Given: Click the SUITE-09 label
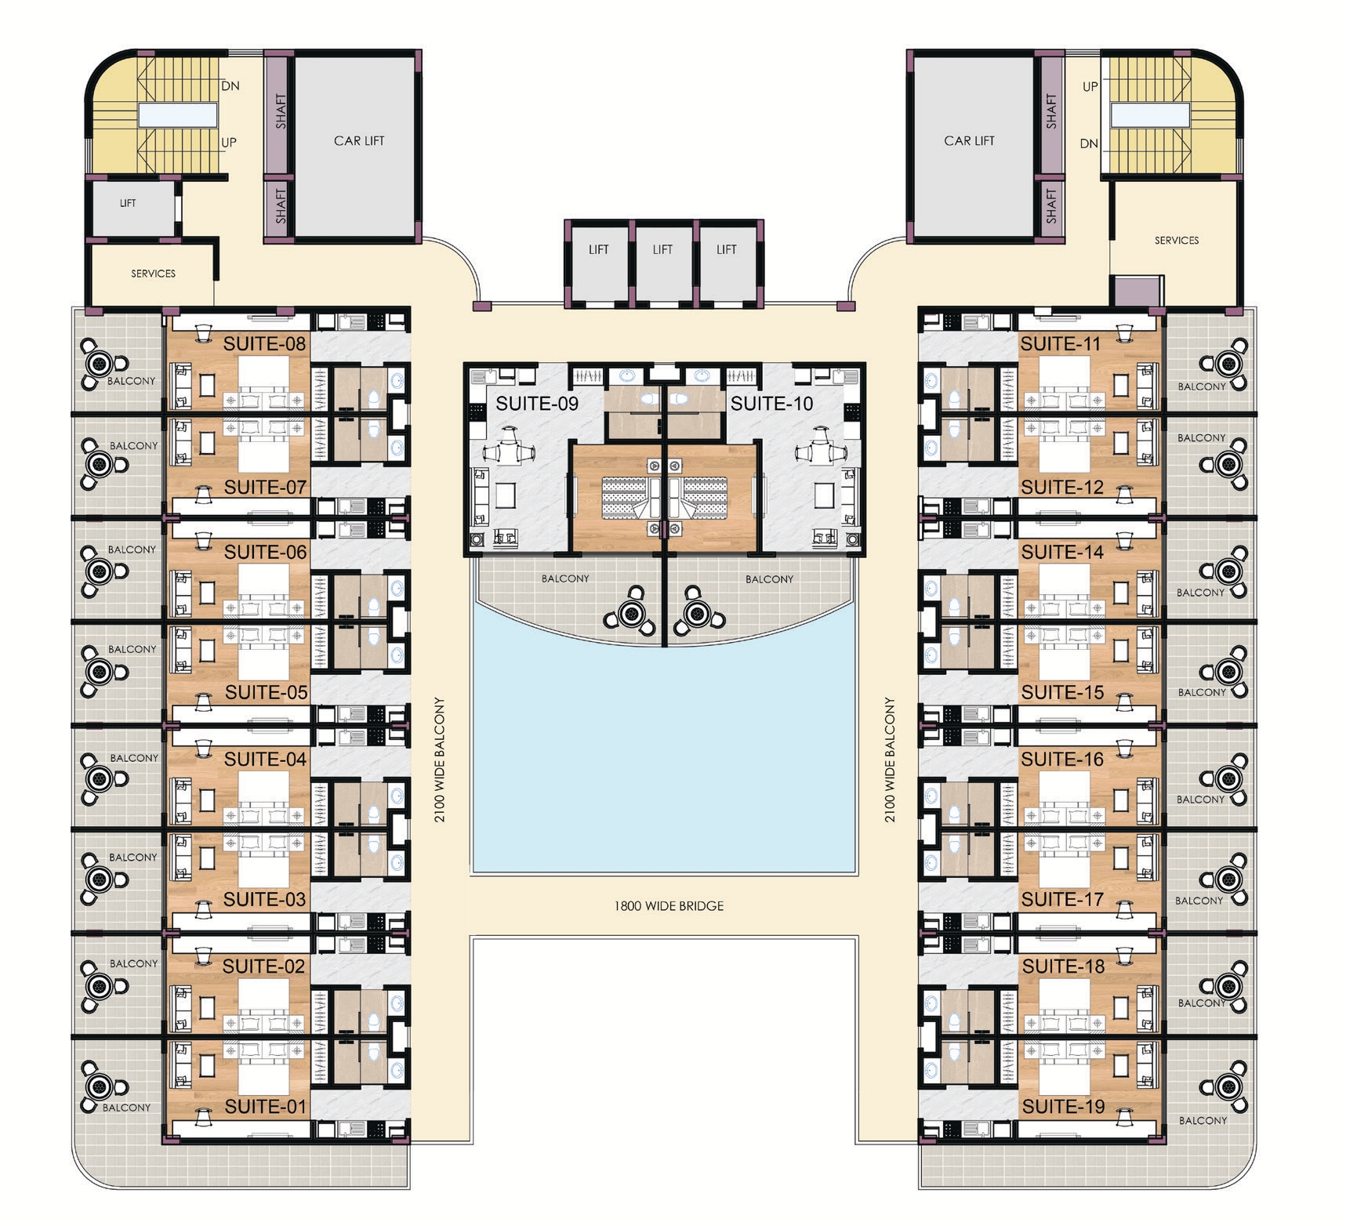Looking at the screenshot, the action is point(537,404).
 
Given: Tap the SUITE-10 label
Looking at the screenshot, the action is point(772,404).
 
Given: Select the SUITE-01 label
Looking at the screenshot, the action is point(265,1107).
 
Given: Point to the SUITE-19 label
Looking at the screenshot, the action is point(1063,1107).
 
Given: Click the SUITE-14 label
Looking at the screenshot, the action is point(1062,552).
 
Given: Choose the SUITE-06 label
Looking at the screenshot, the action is point(265,552).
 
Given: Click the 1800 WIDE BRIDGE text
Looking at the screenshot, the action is point(669,906).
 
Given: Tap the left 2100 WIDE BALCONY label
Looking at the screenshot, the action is point(440,760).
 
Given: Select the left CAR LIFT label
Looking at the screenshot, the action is point(359,141).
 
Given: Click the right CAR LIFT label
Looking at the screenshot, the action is point(969,141).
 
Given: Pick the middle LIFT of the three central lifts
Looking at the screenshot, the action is point(662,250).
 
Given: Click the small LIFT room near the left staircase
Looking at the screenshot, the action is point(128,203).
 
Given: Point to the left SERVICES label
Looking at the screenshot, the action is point(153,274).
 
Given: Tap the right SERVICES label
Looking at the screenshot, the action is point(1176,241).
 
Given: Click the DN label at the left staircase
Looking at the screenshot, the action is point(230,86).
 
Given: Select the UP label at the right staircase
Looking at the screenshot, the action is point(1090,87).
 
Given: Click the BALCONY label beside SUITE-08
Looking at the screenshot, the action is point(132,381).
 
